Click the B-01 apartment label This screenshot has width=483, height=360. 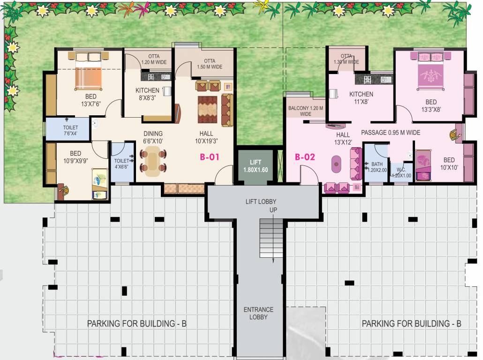point(210,157)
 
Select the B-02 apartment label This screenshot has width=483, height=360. point(305,157)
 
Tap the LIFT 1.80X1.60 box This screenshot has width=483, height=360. point(256,166)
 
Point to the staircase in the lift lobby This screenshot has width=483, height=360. point(272,238)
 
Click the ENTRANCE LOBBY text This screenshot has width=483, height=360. point(258,313)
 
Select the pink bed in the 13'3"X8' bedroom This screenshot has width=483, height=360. point(430,71)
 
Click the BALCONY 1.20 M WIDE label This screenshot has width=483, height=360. point(305,111)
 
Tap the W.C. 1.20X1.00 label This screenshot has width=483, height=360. point(401,172)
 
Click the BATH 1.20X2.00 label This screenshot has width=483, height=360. point(377,167)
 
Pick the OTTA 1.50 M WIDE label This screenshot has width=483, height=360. point(209,64)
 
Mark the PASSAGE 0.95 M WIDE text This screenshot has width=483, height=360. point(390,133)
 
